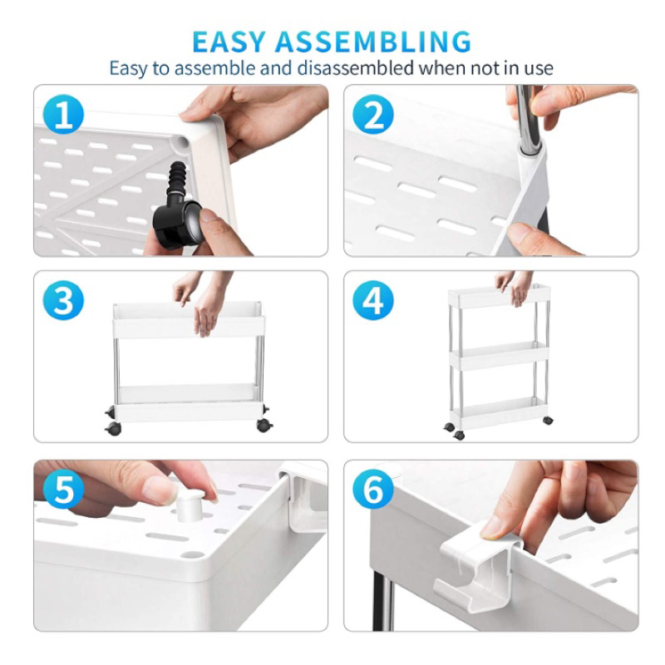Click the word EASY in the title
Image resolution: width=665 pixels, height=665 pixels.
click(x=229, y=42)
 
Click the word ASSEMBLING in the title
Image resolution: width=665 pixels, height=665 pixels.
click(x=373, y=42)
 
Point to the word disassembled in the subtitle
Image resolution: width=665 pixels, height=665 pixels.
click(x=356, y=68)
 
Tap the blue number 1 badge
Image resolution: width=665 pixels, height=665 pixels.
click(x=64, y=114)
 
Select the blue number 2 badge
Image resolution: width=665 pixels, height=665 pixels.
click(x=373, y=115)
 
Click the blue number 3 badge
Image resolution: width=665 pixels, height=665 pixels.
click(x=64, y=300)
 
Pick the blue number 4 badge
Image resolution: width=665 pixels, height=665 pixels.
click(x=373, y=300)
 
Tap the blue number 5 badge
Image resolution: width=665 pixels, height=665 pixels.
click(x=64, y=489)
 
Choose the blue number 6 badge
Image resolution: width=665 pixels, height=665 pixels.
click(x=373, y=489)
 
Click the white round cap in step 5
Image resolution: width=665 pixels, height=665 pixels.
click(x=190, y=505)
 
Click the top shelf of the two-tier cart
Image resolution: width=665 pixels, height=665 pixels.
click(x=189, y=320)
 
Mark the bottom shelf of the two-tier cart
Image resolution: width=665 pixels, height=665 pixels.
click(x=189, y=403)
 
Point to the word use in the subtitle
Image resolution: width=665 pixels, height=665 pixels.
click(x=539, y=69)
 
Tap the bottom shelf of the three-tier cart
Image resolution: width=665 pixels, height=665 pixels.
click(x=500, y=411)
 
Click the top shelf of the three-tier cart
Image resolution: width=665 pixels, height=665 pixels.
click(x=500, y=296)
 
